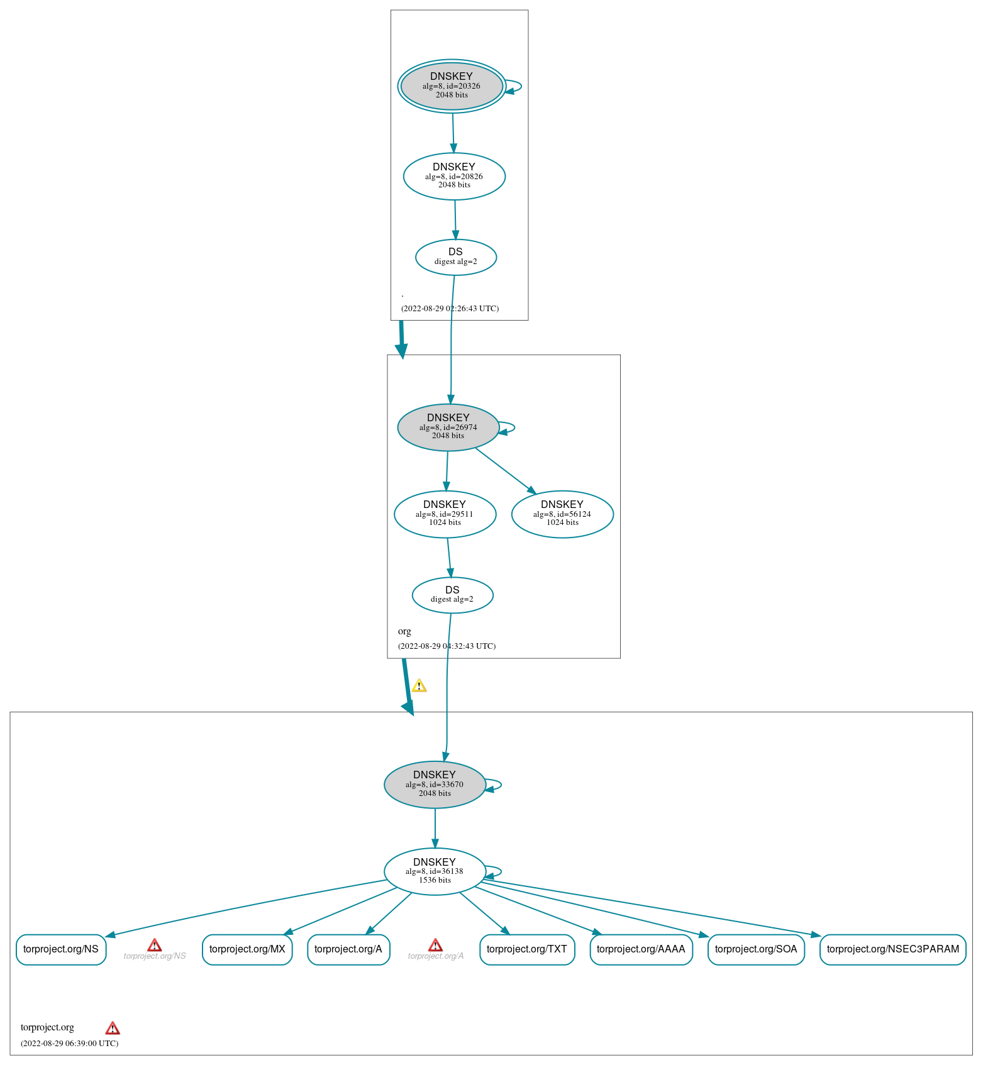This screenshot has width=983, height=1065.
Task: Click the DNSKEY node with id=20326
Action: click(x=452, y=86)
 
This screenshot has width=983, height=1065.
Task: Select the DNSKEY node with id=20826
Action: click(x=454, y=176)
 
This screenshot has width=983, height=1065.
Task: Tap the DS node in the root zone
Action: click(x=456, y=257)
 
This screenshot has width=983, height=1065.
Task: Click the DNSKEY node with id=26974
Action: click(x=448, y=428)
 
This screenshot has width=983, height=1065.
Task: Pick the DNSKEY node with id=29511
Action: click(x=445, y=514)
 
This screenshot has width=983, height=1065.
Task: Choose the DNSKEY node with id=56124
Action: click(x=562, y=514)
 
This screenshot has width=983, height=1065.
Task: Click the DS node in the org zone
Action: click(x=453, y=595)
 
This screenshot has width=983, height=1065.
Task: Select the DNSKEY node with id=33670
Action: click(x=435, y=785)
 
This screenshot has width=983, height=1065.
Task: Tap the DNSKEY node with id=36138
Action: click(x=435, y=871)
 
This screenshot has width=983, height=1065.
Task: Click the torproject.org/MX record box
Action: click(x=247, y=949)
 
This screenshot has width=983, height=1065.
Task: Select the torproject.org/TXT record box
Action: click(x=527, y=949)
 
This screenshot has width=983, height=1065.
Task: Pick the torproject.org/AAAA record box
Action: click(x=641, y=949)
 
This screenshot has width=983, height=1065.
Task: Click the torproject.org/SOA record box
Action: click(x=756, y=949)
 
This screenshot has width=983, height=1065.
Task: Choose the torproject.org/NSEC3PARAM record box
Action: click(x=893, y=949)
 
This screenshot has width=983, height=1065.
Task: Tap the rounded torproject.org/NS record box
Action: click(x=61, y=949)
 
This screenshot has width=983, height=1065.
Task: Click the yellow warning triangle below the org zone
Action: click(x=419, y=686)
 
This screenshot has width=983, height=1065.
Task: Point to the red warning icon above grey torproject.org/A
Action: click(x=435, y=945)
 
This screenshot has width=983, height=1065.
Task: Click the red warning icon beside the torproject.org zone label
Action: click(x=113, y=1028)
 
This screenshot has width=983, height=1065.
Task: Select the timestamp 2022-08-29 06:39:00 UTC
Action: click(x=69, y=1044)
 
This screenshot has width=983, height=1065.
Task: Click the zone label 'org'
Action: click(x=404, y=631)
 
